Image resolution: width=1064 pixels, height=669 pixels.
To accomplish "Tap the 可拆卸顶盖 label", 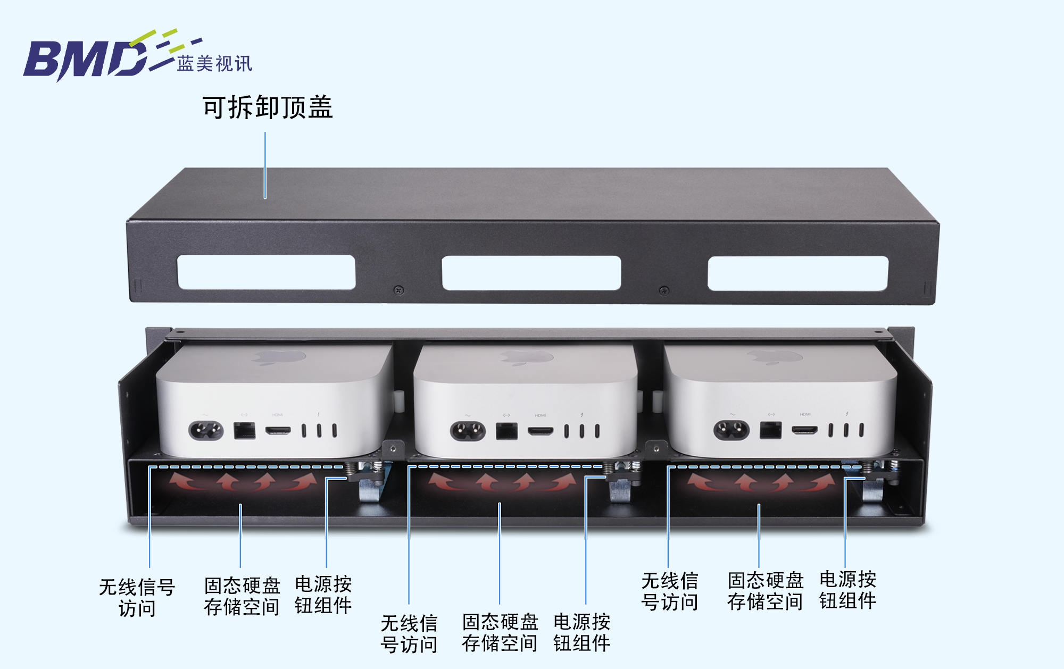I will click(267, 107).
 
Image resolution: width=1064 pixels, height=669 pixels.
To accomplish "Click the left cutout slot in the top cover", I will click(266, 272).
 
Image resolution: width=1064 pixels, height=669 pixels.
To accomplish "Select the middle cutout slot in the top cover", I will click(531, 273).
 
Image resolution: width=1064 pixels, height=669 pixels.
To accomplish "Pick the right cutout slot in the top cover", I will click(797, 273).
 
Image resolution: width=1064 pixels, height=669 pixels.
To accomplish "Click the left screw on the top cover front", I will click(398, 290).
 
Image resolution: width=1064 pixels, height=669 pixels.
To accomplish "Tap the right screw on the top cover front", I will click(664, 290).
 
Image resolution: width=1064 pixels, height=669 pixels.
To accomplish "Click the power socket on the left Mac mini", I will click(206, 431).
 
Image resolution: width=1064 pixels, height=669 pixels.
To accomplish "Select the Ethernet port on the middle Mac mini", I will click(506, 431).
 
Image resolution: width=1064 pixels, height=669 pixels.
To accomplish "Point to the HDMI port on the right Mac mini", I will click(805, 430).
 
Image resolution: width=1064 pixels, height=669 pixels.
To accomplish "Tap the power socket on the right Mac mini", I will click(731, 430).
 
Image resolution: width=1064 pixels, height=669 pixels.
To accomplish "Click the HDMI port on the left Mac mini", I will click(278, 430).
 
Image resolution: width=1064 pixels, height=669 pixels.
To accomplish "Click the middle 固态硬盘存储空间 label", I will click(500, 632).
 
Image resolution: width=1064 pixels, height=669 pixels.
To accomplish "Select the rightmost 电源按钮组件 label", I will click(847, 590).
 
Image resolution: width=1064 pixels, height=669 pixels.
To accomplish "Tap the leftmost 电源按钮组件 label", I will click(323, 595).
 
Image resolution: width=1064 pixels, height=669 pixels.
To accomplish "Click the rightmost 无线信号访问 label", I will click(669, 591).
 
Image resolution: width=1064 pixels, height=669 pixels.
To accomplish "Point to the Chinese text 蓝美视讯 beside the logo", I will click(214, 64).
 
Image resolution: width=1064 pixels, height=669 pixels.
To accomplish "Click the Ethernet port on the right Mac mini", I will click(770, 430).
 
